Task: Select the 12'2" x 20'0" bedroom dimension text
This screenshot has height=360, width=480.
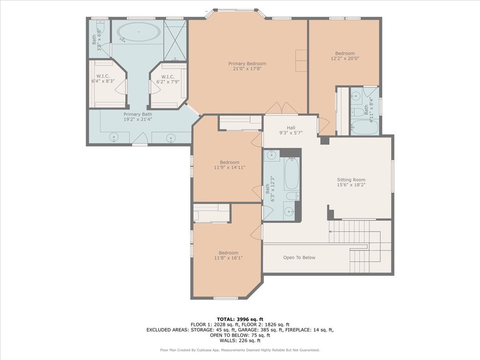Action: pyautogui.click(x=345, y=59)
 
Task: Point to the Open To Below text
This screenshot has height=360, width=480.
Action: pyautogui.click(x=299, y=257)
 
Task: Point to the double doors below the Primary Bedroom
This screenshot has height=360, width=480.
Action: pyautogui.click(x=282, y=109)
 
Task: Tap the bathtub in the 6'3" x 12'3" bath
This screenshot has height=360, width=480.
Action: pyautogui.click(x=291, y=173)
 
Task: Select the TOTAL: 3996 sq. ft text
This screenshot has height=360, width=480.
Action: pyautogui.click(x=240, y=319)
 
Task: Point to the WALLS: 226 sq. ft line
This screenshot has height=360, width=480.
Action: pyautogui.click(x=240, y=341)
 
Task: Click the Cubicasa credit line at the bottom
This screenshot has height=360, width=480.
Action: pyautogui.click(x=240, y=350)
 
